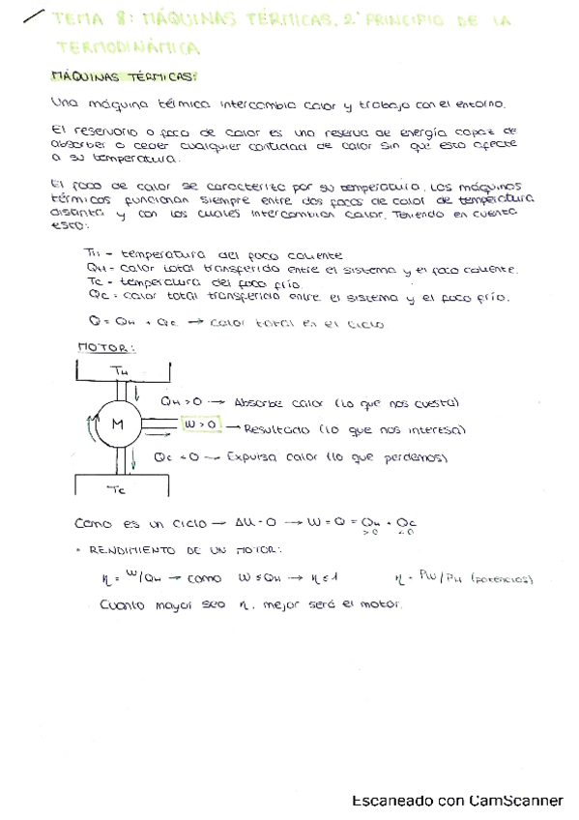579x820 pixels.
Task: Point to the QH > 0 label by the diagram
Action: [180, 400]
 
